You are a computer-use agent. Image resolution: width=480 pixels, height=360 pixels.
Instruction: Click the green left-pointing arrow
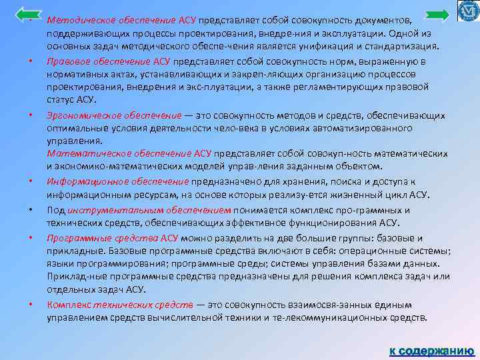(29, 14)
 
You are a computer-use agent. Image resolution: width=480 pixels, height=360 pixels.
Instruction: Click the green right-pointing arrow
(437, 15)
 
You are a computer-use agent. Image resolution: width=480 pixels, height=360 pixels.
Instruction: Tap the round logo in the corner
(469, 11)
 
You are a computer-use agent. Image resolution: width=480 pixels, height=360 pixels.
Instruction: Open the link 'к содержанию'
(431, 351)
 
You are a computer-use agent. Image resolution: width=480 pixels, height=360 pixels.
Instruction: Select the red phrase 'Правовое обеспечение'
(92, 61)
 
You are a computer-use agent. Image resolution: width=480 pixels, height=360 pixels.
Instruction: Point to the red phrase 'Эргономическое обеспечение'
(114, 115)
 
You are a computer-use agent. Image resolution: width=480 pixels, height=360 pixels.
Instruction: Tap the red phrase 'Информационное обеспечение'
(118, 182)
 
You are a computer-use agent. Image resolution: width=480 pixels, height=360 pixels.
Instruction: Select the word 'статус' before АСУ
(61, 100)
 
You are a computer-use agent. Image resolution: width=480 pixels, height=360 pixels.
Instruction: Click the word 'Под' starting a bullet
(55, 209)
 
